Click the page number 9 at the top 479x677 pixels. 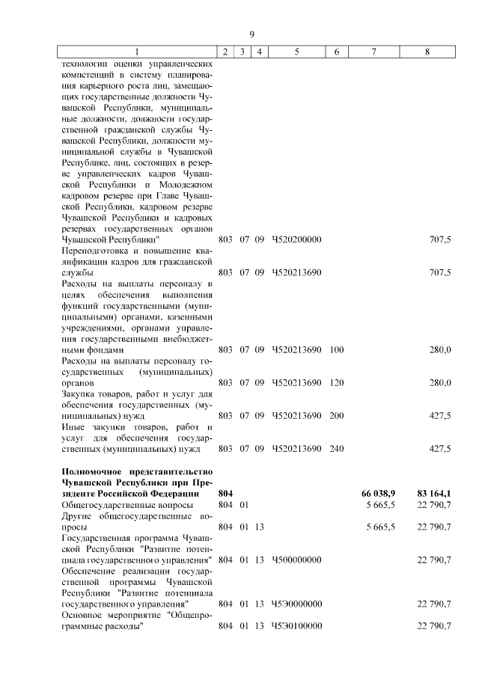click(252, 34)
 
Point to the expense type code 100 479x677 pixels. click(336, 349)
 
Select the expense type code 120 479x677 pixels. click(336, 382)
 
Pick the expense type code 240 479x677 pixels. click(336, 448)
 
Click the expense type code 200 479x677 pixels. click(336, 415)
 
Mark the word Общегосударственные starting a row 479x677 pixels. click(106, 506)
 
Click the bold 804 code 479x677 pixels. click(225, 494)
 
